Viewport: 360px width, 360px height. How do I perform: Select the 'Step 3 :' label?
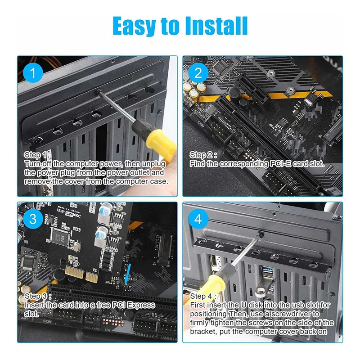(x=39, y=296)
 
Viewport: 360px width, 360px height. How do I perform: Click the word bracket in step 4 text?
(x=202, y=332)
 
